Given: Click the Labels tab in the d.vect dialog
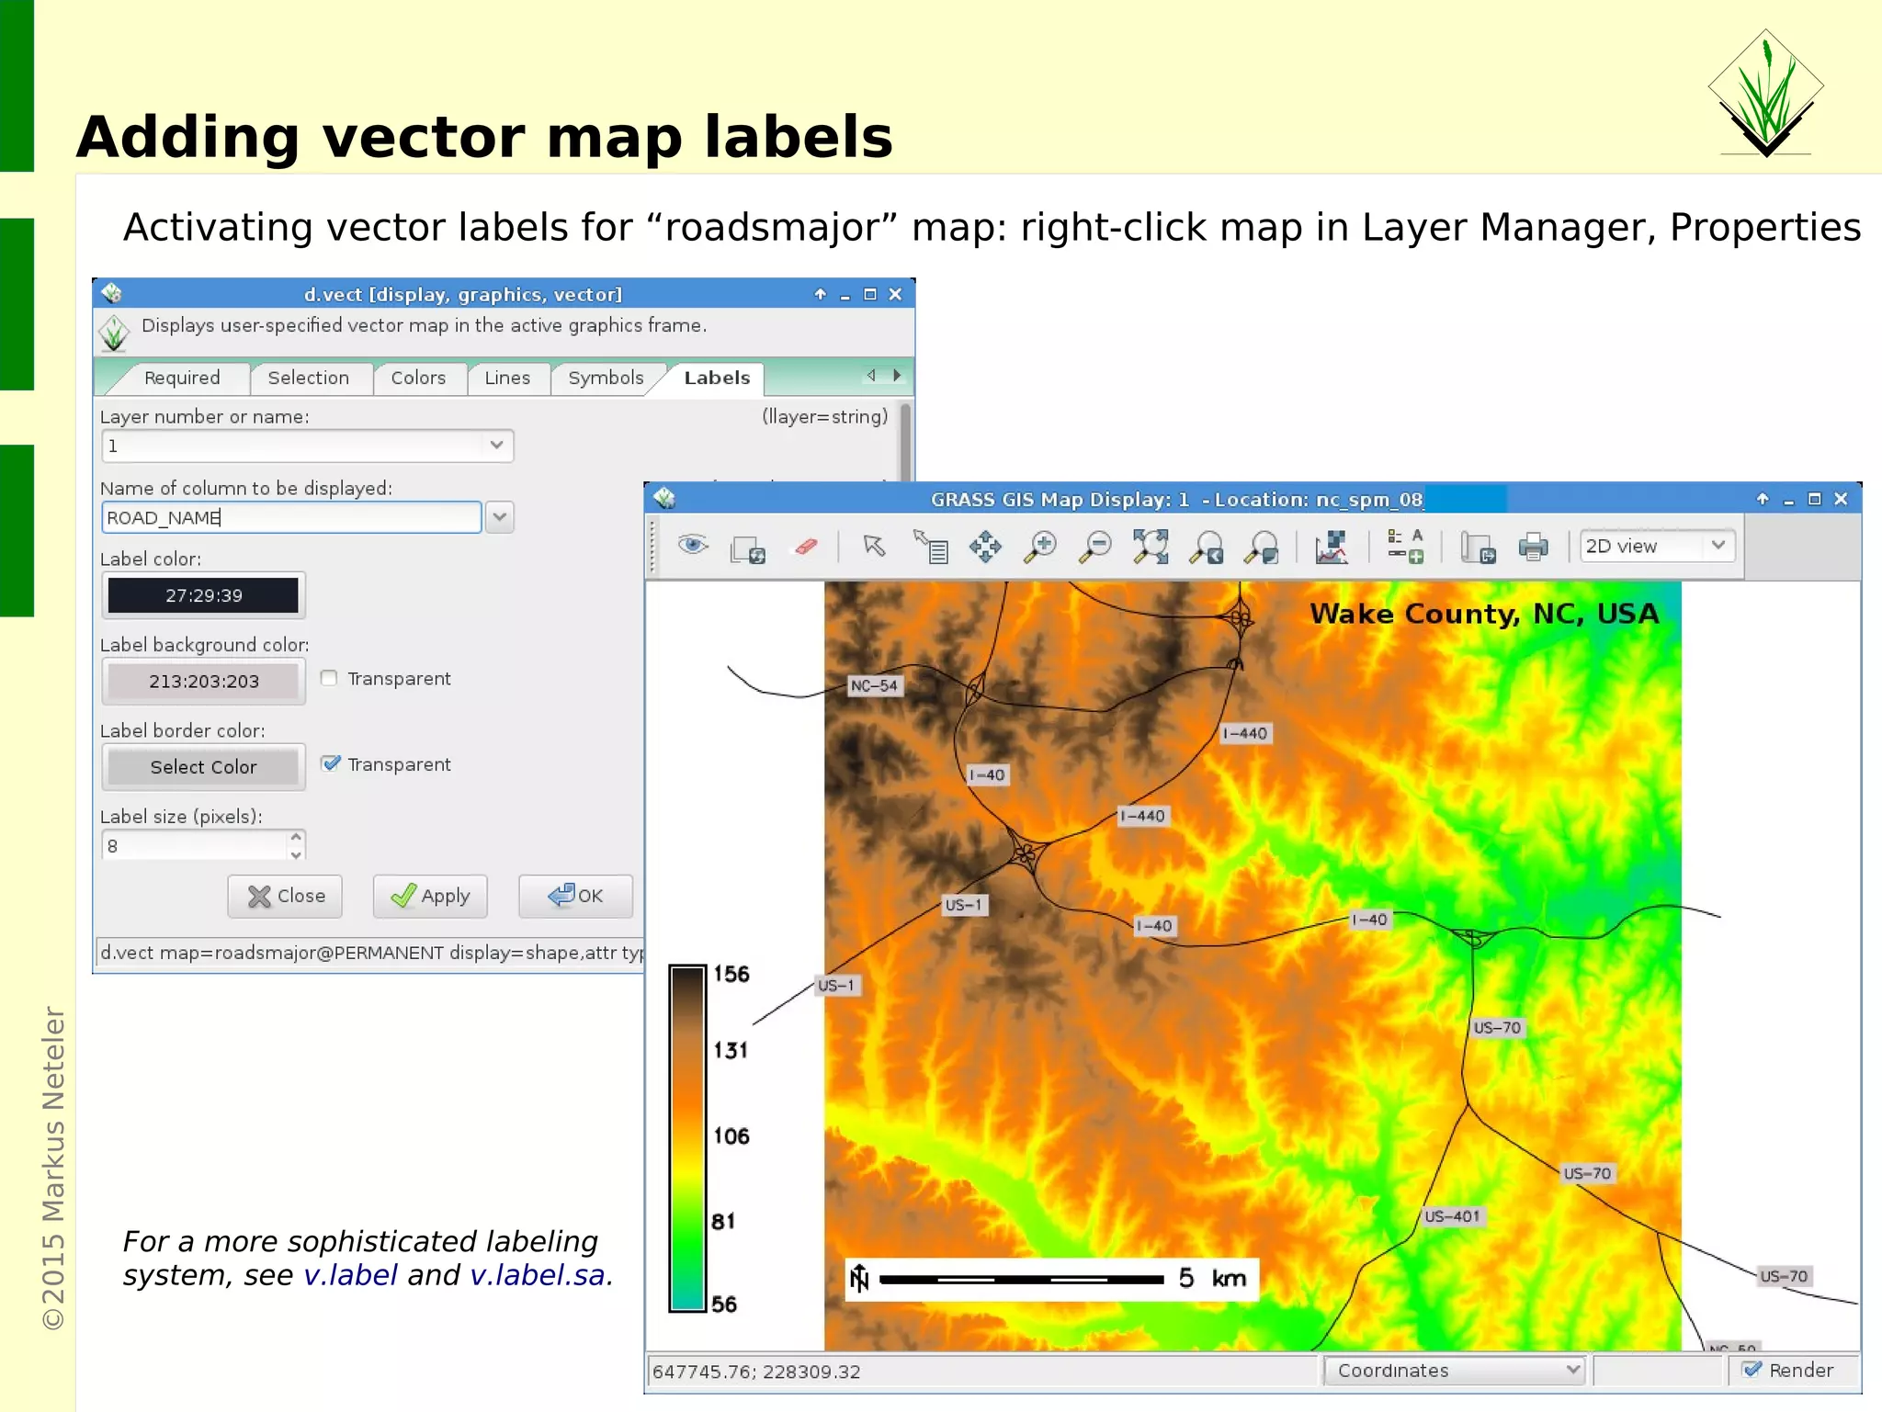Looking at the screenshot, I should [x=716, y=378].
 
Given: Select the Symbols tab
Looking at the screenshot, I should [x=605, y=378].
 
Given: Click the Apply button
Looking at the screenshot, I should [x=430, y=896].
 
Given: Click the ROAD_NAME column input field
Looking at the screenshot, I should [x=291, y=517].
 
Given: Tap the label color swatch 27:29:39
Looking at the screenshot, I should [x=203, y=595].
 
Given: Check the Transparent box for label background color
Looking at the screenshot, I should [x=329, y=678].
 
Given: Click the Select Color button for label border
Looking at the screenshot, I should [x=203, y=767].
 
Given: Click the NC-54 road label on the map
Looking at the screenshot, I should [x=873, y=685].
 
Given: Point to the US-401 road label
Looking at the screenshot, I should [x=1452, y=1216].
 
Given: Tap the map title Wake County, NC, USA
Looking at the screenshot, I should [x=1483, y=614].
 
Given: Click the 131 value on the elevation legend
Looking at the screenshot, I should [x=731, y=1049].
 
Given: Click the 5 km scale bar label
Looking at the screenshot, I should [x=1212, y=1278].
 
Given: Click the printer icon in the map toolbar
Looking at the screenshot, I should [x=1533, y=548].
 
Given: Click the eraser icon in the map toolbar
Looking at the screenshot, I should [x=805, y=548].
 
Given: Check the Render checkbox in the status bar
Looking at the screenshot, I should [x=1752, y=1370].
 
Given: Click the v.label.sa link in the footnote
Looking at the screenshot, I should [x=538, y=1275].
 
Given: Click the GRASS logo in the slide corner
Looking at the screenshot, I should [x=1765, y=92].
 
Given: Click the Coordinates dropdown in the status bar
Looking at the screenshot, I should [x=1456, y=1371].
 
